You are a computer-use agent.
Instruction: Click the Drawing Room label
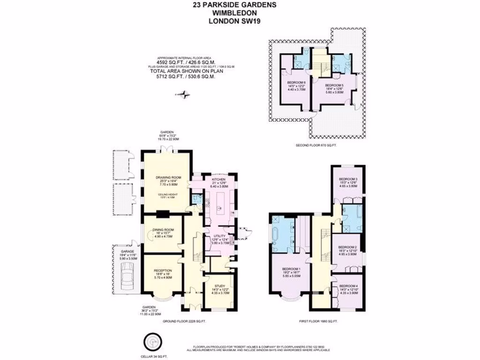[167, 178]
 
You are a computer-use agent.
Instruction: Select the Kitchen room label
[218, 180]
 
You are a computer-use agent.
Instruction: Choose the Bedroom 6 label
[296, 82]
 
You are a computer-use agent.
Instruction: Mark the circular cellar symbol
[151, 342]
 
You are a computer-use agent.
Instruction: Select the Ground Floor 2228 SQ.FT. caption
[185, 322]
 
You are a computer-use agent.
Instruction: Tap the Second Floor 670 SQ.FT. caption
[316, 146]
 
